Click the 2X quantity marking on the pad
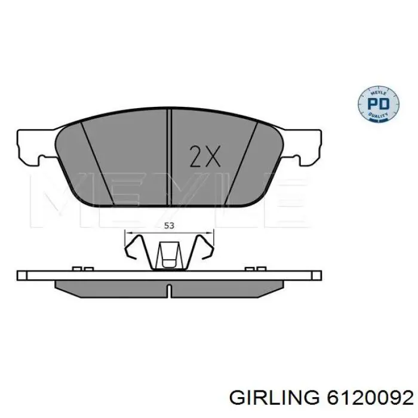click(x=205, y=156)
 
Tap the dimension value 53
click(x=168, y=226)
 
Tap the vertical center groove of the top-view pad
click(x=171, y=155)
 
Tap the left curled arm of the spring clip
click(x=139, y=251)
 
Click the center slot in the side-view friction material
click(x=169, y=291)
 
